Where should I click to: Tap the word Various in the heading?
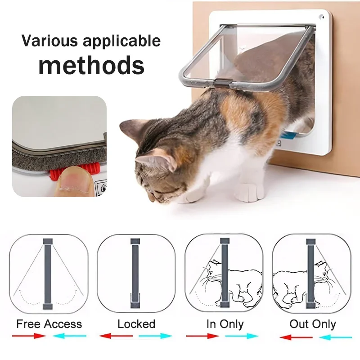click(x=49, y=40)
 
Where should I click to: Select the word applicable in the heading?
click(x=121, y=41)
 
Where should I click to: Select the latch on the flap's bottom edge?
click(x=222, y=83)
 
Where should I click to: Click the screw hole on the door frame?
click(x=321, y=17)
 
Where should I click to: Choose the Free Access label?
click(x=49, y=324)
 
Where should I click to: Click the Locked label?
click(x=136, y=324)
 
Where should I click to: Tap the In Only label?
click(x=225, y=324)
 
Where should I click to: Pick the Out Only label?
click(x=313, y=324)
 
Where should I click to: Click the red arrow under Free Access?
click(x=29, y=336)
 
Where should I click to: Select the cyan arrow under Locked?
click(x=155, y=336)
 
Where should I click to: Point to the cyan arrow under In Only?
click(x=242, y=336)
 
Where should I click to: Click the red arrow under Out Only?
click(x=296, y=337)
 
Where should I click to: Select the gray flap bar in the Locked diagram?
click(x=135, y=273)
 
